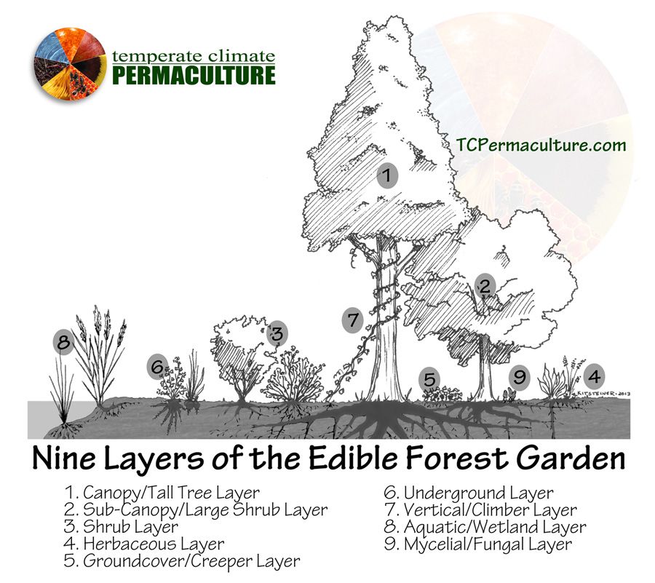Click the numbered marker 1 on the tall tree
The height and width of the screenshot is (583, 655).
388,175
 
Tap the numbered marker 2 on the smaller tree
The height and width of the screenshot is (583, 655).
485,286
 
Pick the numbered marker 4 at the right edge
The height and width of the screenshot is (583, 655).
595,376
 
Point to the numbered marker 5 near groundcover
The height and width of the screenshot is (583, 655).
429,379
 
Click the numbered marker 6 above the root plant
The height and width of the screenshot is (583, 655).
157,367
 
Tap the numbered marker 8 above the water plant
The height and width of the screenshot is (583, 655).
64,342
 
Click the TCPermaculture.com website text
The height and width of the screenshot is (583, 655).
541,145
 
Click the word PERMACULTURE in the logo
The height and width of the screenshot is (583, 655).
194,75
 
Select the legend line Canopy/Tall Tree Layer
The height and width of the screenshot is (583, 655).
162,493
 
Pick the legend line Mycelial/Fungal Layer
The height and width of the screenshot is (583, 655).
477,544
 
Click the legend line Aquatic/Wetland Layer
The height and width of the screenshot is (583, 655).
485,527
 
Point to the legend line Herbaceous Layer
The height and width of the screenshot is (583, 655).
143,544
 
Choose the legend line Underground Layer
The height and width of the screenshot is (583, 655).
468,493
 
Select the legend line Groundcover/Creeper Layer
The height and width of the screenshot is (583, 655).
181,561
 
